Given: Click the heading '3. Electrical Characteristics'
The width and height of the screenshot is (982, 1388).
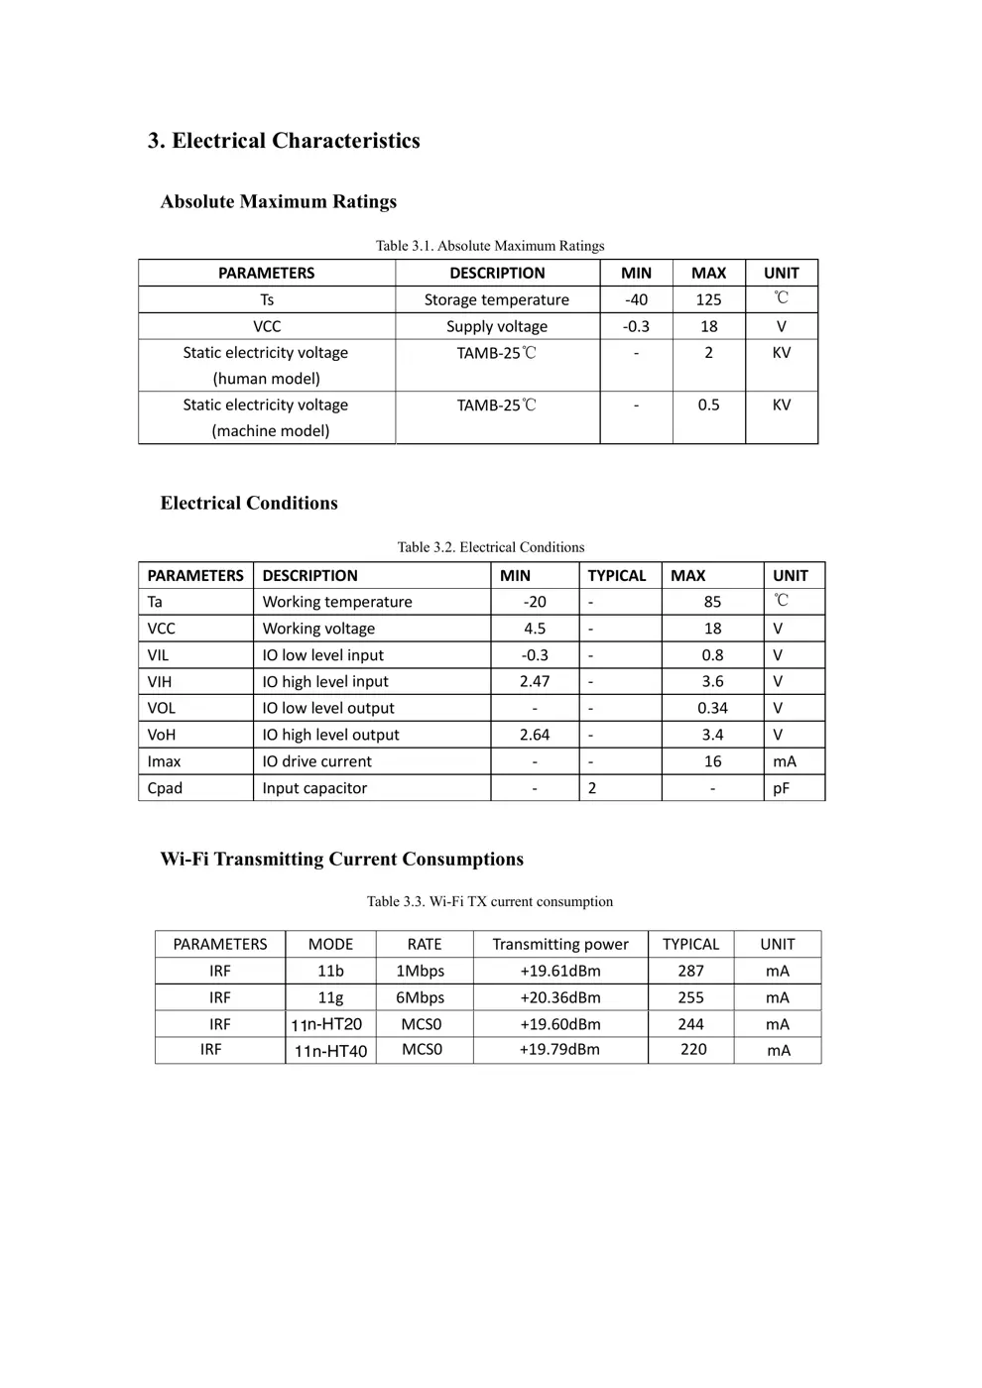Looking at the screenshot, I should [284, 141].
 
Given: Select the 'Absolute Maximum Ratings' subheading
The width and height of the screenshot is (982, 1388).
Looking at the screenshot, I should [279, 201].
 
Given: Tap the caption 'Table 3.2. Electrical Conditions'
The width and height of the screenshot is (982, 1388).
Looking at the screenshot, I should [491, 547].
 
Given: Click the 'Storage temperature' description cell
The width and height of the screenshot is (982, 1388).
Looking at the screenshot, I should [497, 299].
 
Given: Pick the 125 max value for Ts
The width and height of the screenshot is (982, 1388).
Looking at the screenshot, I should [708, 299].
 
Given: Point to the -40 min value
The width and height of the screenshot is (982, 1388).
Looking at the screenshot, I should [636, 299].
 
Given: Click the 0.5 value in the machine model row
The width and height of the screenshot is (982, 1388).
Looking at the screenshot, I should [708, 405].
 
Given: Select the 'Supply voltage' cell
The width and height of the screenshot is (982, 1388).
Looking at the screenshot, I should [497, 326].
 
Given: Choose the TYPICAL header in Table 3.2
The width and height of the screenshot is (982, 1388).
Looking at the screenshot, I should [616, 575].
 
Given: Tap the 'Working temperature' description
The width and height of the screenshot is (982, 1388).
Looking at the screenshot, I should [337, 602].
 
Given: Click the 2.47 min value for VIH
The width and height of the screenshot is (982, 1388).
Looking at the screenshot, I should [535, 681].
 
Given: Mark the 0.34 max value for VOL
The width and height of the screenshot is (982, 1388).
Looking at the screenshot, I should [712, 708].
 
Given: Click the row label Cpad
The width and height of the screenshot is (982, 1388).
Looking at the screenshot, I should [165, 788].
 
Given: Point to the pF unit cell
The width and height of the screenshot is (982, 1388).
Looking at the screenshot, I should [782, 788].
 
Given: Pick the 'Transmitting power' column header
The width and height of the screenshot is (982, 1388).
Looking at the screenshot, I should [560, 944].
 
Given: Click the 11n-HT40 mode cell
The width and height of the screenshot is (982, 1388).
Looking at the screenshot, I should [330, 1051].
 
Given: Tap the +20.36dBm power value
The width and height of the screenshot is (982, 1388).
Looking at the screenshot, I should [560, 997].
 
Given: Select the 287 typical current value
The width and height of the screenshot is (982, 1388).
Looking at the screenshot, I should [690, 971].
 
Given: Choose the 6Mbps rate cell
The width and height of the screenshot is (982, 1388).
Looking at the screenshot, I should [421, 997].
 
